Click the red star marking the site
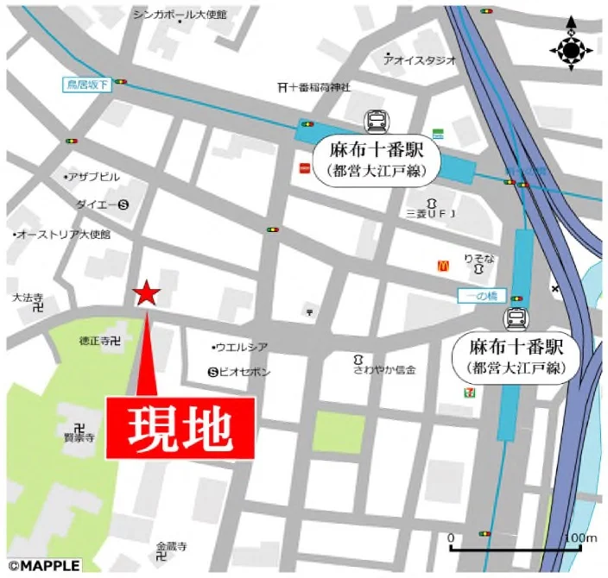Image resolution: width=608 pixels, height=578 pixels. [x=146, y=294]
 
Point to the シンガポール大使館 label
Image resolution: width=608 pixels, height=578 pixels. [x=179, y=15]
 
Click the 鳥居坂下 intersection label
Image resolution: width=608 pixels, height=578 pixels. [x=87, y=84]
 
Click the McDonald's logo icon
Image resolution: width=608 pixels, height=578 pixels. [x=443, y=267]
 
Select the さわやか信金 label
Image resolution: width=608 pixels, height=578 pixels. [x=383, y=369]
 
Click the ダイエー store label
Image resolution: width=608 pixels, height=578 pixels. [x=96, y=205]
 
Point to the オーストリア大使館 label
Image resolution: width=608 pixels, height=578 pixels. [x=63, y=235]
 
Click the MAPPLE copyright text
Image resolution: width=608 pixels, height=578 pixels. [x=43, y=566]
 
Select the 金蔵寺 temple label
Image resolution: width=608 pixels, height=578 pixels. [x=171, y=546]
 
